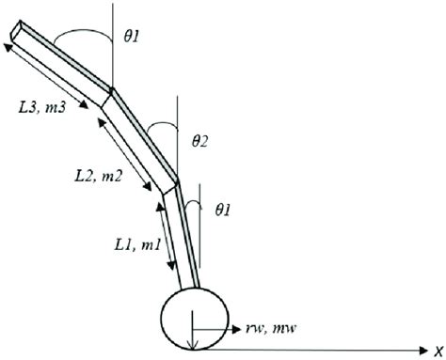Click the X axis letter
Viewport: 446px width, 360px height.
coord(437,349)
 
